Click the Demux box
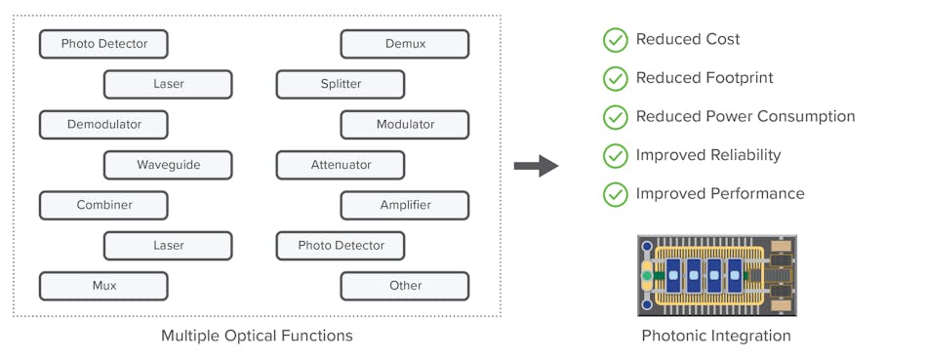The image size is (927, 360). click(404, 44)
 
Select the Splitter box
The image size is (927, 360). click(341, 84)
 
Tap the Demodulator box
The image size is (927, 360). click(103, 125)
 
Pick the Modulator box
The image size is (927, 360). click(404, 125)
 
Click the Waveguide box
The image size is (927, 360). click(168, 165)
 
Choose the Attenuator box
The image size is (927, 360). click(341, 165)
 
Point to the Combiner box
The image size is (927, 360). click(103, 205)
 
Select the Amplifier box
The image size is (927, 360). click(404, 205)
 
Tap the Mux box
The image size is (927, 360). click(103, 286)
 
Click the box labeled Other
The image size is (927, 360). click(404, 286)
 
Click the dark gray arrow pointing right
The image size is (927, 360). click(536, 166)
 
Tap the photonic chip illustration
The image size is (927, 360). click(716, 274)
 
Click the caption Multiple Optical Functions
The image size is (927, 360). click(257, 336)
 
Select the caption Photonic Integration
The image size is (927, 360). click(716, 336)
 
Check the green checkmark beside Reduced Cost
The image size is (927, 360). click(615, 40)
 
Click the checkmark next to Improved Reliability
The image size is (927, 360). click(615, 155)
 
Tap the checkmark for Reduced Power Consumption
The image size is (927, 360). click(615, 117)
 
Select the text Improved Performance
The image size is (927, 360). click(720, 193)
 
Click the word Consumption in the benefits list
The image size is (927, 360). click(806, 117)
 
